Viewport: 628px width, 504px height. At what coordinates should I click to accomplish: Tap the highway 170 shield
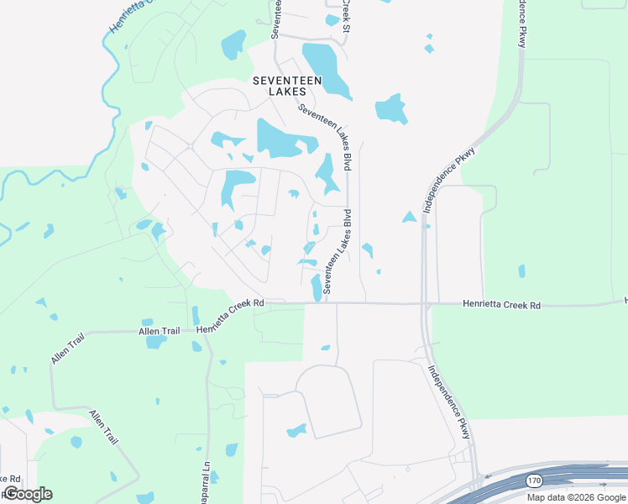click(x=533, y=480)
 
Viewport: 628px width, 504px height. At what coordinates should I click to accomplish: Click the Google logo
click(x=28, y=494)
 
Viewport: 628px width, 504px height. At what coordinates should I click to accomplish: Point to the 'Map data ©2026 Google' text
click(x=577, y=497)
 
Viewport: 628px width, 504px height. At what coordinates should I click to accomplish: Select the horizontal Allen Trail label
click(x=160, y=332)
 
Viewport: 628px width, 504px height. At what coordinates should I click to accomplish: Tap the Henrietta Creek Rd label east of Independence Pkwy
click(x=501, y=306)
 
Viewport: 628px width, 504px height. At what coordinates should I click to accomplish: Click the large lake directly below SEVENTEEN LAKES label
click(x=277, y=139)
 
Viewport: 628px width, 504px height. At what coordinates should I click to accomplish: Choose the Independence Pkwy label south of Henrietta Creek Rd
click(x=449, y=402)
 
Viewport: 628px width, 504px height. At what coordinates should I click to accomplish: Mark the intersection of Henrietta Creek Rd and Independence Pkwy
click(x=424, y=303)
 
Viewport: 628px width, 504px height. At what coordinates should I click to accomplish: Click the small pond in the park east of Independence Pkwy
click(x=522, y=271)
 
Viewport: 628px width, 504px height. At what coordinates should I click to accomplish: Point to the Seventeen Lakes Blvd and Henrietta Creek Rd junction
click(x=326, y=302)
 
